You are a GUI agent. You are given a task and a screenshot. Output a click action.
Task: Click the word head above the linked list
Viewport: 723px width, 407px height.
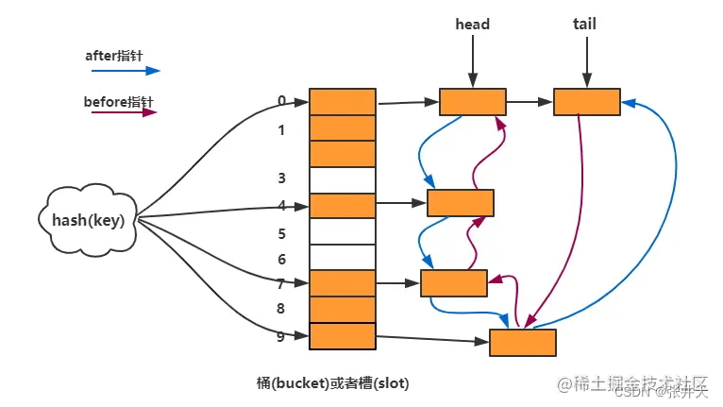[x=472, y=24]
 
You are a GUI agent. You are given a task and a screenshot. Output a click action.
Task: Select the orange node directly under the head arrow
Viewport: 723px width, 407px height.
[x=472, y=102]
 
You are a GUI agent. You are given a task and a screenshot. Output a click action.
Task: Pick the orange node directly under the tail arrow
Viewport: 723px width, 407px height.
[x=586, y=102]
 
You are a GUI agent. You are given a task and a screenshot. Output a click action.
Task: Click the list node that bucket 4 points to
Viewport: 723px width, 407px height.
[x=461, y=203]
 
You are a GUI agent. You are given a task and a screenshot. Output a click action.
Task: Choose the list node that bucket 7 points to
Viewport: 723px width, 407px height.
[x=454, y=282]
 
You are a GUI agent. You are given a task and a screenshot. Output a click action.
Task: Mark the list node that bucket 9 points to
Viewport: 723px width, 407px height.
[x=522, y=342]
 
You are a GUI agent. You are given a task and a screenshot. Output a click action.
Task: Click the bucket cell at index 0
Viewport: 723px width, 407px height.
[x=342, y=101]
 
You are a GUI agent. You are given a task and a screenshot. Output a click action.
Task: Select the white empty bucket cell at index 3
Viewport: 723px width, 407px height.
[x=342, y=179]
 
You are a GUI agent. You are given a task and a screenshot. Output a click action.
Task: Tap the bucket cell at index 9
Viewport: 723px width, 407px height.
[x=342, y=335]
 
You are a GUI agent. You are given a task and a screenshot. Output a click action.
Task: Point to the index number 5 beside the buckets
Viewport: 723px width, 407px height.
[x=281, y=232]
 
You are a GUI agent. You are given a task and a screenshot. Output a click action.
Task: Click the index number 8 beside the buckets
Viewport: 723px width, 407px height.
[x=281, y=309]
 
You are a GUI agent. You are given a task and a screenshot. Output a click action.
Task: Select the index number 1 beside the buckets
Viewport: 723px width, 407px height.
[x=281, y=130]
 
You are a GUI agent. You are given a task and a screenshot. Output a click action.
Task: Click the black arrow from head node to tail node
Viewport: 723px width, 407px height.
[x=529, y=101]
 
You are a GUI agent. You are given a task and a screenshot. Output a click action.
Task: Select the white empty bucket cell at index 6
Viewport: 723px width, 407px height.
[x=342, y=257]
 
